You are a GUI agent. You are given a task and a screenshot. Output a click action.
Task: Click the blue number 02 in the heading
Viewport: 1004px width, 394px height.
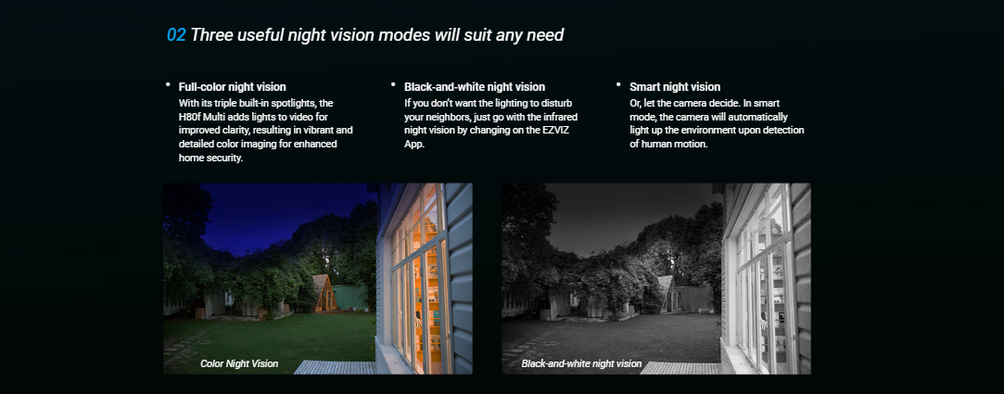176,34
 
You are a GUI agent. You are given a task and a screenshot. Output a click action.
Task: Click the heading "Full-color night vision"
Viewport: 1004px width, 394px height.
233,86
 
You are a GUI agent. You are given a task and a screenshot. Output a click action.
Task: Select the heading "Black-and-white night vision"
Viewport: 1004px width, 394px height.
475,86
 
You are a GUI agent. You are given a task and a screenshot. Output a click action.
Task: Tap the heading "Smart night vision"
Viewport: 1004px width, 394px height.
675,86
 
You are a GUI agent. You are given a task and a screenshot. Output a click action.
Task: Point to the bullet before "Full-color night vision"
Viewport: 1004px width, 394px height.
168,84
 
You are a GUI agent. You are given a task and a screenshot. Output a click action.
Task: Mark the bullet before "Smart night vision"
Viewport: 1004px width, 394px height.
618,84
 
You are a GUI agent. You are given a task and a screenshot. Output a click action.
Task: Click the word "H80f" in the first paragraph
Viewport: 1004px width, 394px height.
189,117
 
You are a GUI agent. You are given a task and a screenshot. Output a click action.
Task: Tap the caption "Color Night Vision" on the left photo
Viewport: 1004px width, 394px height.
239,364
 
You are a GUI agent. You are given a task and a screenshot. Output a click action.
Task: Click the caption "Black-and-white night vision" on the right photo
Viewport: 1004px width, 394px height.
581,364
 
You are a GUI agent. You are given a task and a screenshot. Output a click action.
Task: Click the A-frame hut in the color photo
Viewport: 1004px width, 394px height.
324,294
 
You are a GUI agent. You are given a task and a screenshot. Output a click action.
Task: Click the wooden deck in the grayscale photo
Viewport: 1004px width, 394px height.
680,367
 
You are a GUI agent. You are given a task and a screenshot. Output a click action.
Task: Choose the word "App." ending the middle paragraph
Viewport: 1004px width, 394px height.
414,145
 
